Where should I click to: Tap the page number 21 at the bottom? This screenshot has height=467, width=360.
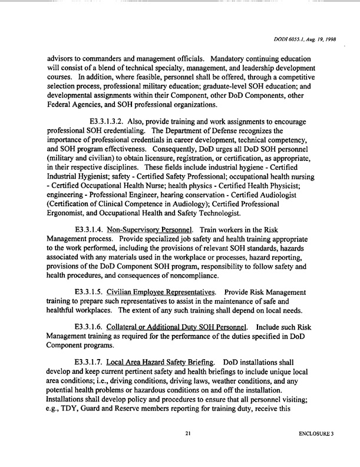click(187, 451)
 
